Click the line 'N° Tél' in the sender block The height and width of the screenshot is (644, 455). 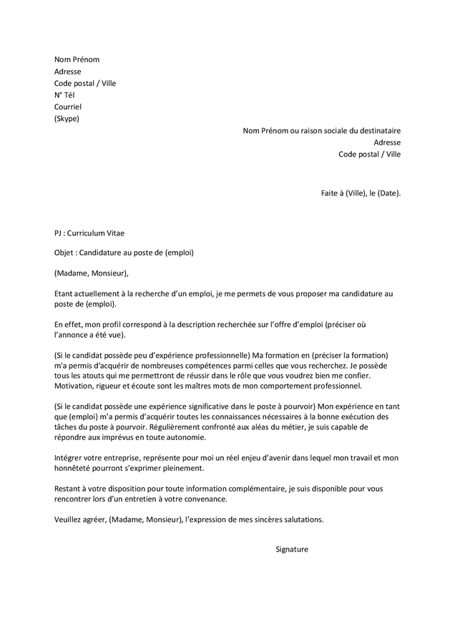tap(64, 95)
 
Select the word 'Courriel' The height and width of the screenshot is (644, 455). tap(68, 107)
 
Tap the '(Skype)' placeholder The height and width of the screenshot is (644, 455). tap(67, 119)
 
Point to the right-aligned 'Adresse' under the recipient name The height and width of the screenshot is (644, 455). tap(387, 142)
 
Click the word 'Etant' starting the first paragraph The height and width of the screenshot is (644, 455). tap(64, 293)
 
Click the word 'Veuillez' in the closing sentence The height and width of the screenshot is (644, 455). tap(69, 519)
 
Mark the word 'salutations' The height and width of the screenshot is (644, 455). tap(301, 519)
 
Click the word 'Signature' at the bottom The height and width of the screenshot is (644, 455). tap(292, 550)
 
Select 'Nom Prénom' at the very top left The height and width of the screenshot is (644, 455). tap(77, 59)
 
